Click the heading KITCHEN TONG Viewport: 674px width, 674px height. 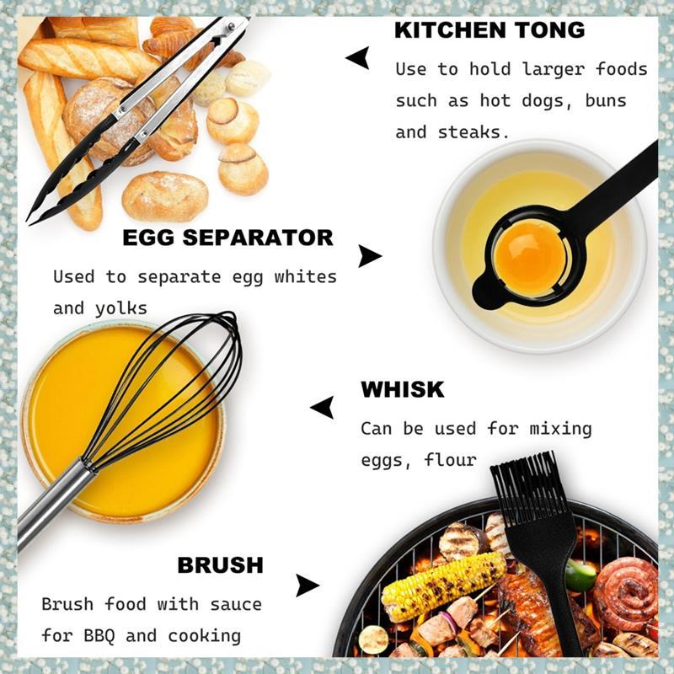[489, 30]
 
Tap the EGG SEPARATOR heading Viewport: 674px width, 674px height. [227, 238]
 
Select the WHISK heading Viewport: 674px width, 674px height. [403, 389]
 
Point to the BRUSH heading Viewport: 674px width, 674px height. [221, 565]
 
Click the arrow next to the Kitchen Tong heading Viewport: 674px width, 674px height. [359, 58]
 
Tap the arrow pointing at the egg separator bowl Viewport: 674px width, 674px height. [369, 256]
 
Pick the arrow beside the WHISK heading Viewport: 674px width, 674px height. [323, 407]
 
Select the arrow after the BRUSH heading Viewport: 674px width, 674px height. [307, 586]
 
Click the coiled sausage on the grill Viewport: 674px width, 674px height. [626, 593]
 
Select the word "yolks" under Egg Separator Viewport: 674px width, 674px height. [121, 309]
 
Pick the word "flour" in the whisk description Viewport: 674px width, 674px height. [450, 460]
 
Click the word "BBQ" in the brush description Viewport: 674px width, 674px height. [99, 636]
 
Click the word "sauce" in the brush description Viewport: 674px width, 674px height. [236, 605]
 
